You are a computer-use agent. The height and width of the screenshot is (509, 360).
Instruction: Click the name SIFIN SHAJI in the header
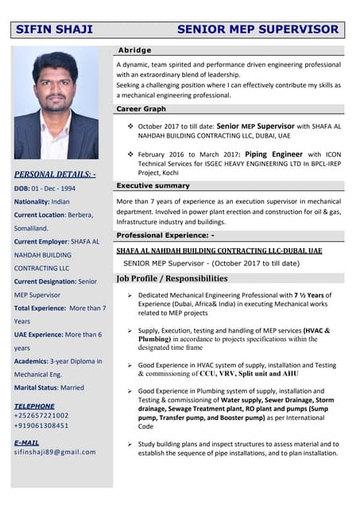point(55,30)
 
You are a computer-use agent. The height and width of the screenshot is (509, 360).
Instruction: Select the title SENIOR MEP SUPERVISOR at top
point(257,30)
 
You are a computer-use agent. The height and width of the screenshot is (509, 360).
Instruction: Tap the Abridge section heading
point(134,50)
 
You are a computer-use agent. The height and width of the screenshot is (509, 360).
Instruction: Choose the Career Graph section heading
point(141,108)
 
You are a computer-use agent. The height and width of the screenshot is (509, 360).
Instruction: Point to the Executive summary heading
point(153,185)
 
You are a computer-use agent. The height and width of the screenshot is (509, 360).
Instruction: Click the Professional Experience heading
point(165,235)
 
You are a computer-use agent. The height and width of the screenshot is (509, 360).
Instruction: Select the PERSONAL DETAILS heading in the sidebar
point(55,173)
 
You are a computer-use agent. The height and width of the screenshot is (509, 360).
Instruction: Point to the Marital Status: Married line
point(49,387)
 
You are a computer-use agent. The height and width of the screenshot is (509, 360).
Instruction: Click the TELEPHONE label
point(34,406)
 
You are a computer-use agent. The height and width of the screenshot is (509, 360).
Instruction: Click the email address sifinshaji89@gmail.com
point(55,452)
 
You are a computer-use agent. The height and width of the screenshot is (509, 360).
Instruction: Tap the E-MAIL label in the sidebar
point(26,442)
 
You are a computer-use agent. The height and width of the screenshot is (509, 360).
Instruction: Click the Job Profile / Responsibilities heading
point(172,278)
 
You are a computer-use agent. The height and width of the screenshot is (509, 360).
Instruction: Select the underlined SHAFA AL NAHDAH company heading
point(219,250)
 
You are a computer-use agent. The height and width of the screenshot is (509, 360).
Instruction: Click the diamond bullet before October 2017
point(130,126)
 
